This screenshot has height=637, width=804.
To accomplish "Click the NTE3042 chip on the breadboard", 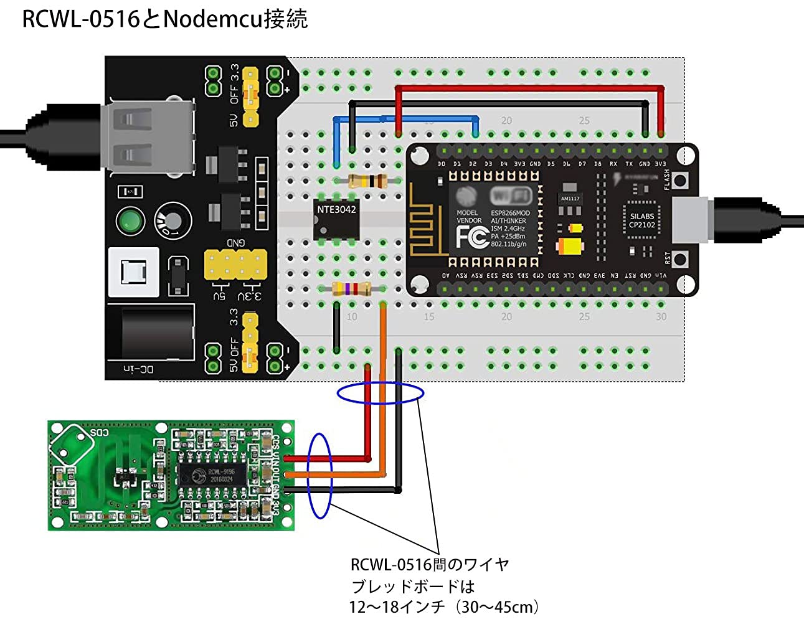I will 336,219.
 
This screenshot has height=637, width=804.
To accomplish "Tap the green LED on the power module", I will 130,221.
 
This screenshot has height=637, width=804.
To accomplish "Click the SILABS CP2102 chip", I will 641,220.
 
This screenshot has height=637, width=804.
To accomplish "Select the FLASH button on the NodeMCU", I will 681,181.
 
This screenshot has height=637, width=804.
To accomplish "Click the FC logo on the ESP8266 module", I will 471,237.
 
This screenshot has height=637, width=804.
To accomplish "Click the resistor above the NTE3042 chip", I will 367,181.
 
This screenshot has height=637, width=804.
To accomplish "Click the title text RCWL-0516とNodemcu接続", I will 164,19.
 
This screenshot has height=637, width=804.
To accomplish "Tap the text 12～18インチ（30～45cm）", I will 444,606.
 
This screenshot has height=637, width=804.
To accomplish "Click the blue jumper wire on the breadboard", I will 405,118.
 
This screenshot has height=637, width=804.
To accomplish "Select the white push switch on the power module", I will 134,272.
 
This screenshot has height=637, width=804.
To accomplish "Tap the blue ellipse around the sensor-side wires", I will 320,476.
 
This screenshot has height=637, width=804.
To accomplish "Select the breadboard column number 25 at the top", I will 584,120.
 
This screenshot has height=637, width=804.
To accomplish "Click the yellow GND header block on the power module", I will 235,265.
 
